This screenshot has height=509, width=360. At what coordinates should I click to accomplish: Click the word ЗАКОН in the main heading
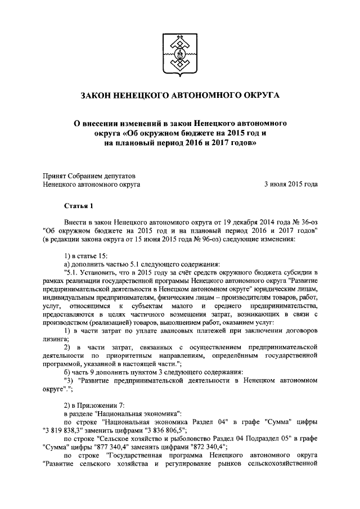click(x=97, y=96)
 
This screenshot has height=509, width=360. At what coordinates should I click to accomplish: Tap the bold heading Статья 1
click(x=78, y=206)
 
